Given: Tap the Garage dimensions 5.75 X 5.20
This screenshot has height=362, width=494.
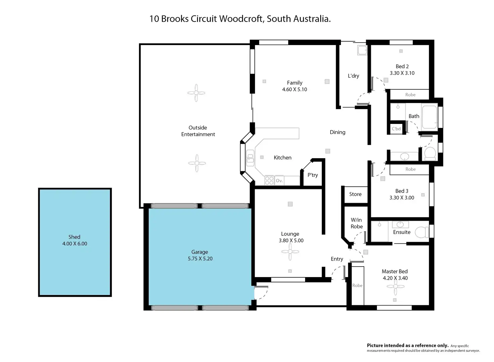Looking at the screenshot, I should [200, 259].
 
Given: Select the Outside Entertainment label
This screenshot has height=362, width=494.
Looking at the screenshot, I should [198, 131].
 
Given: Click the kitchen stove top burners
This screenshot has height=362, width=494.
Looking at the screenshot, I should [269, 181].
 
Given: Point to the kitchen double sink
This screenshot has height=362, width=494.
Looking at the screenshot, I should [250, 158].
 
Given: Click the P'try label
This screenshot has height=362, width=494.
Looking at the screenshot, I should [312, 175].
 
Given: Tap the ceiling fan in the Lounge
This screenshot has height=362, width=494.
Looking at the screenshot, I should [290, 252].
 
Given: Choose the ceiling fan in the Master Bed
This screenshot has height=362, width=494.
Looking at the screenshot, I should [395, 286].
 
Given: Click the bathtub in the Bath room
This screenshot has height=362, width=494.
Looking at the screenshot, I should [429, 117].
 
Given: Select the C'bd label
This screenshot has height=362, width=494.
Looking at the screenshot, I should [396, 129].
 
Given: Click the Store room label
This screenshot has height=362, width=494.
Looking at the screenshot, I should [355, 194].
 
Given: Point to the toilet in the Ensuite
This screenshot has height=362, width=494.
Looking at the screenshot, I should [422, 232].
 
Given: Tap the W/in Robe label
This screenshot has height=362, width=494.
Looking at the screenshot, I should [356, 223].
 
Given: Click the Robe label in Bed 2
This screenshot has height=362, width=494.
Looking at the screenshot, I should [410, 95].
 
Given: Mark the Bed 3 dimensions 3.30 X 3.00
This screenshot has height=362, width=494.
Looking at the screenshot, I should [402, 197].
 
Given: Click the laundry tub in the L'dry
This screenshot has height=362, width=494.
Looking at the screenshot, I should [362, 50].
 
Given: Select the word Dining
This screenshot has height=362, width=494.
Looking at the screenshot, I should [337, 132].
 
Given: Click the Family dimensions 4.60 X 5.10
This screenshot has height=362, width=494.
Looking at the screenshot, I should [294, 89].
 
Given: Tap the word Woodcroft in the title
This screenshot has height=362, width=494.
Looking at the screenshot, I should [241, 19].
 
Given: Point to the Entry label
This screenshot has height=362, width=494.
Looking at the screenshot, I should [337, 259].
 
